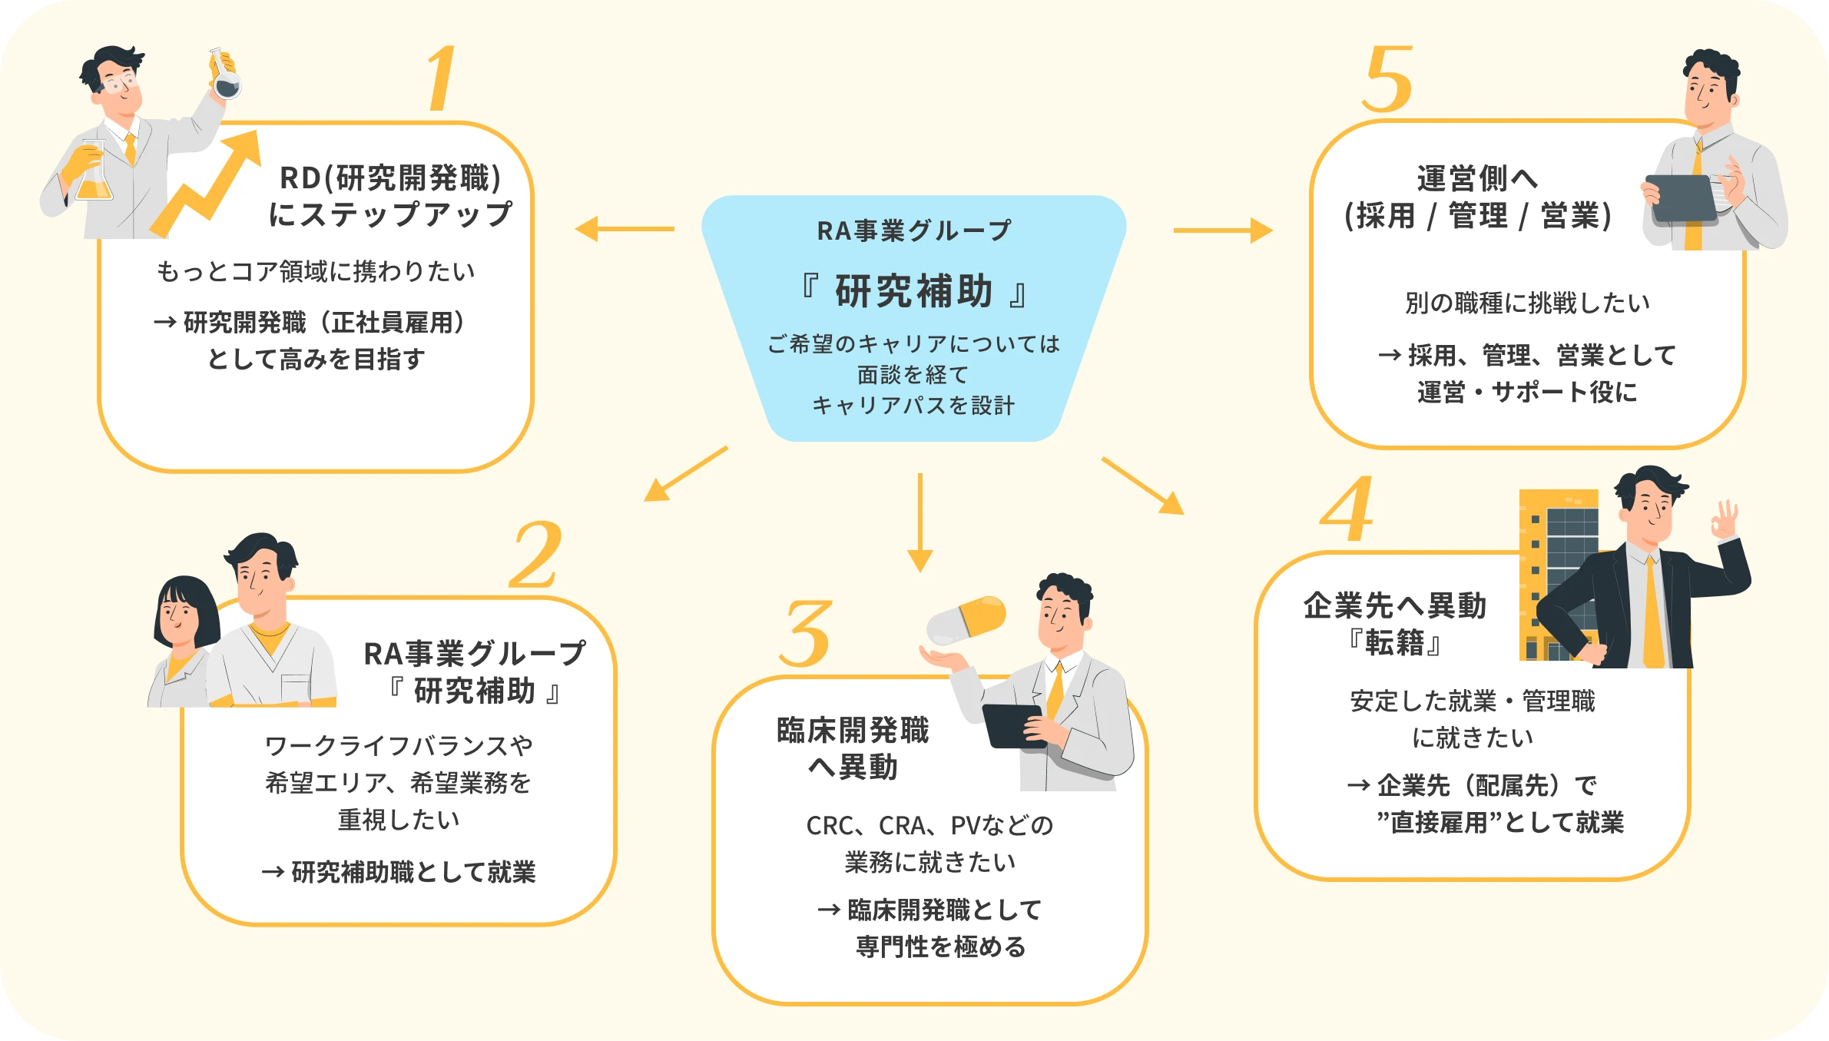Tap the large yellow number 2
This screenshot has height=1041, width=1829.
[x=535, y=555]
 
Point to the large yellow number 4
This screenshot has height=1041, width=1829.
[x=1347, y=509]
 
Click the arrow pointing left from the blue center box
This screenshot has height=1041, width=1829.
[x=624, y=229]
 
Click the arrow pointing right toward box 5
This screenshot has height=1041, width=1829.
[x=1223, y=230]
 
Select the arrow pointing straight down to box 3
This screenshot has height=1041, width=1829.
[x=919, y=522]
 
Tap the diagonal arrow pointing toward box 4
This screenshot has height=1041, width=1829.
[x=1143, y=486]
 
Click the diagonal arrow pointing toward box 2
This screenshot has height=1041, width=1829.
[x=685, y=474]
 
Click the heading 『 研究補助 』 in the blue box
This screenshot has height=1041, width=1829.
[x=913, y=292]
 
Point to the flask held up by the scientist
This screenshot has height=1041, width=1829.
[x=225, y=75]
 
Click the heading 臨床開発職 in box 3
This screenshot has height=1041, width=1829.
[x=853, y=731]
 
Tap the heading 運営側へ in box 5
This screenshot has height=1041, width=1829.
[x=1476, y=179]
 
